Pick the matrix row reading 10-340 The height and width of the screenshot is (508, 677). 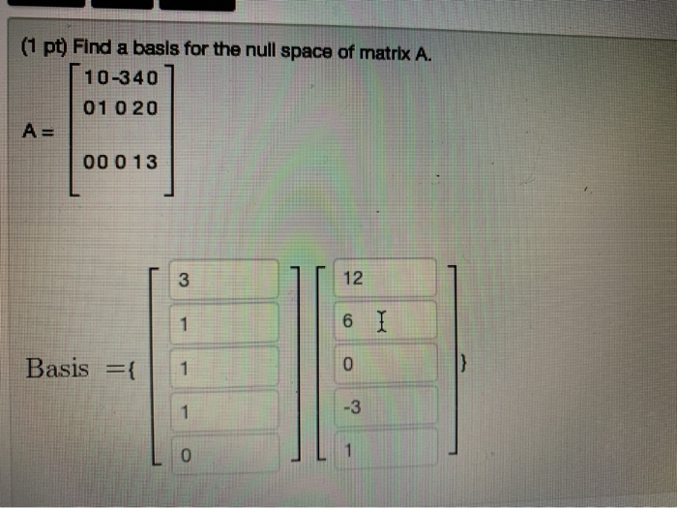(x=121, y=78)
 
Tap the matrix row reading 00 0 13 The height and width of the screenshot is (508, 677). (x=121, y=162)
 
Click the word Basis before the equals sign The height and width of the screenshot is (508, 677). (x=57, y=368)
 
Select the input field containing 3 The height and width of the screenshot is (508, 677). (x=224, y=282)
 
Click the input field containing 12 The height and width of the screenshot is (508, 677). (x=386, y=279)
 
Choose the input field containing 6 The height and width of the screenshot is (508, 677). (x=386, y=321)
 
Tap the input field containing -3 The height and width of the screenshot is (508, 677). (x=386, y=407)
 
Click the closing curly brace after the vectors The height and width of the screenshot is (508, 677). (x=465, y=366)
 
